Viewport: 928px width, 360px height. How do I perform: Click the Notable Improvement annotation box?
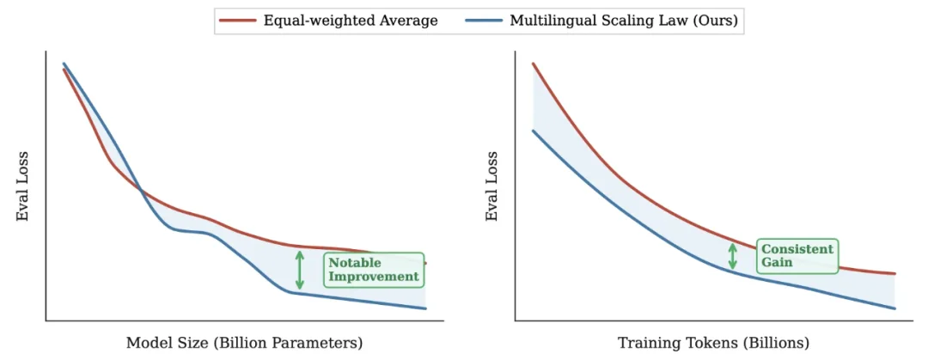[374, 270]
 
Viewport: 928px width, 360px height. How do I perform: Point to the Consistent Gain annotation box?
[797, 255]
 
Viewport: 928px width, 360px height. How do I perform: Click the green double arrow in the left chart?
[299, 270]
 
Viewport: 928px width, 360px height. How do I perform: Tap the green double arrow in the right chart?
[733, 256]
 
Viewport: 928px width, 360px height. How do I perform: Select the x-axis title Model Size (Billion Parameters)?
[245, 342]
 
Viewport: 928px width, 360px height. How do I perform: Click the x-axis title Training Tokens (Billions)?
[713, 342]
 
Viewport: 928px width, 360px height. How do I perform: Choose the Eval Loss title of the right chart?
[492, 187]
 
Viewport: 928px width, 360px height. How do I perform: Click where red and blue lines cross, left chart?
[141, 190]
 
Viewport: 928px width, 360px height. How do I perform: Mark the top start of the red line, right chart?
[534, 64]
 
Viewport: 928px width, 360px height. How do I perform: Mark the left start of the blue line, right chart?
[534, 131]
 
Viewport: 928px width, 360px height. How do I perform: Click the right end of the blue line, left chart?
[425, 308]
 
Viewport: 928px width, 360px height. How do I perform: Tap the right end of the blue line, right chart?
[894, 308]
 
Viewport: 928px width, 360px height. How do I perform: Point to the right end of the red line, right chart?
[894, 274]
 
